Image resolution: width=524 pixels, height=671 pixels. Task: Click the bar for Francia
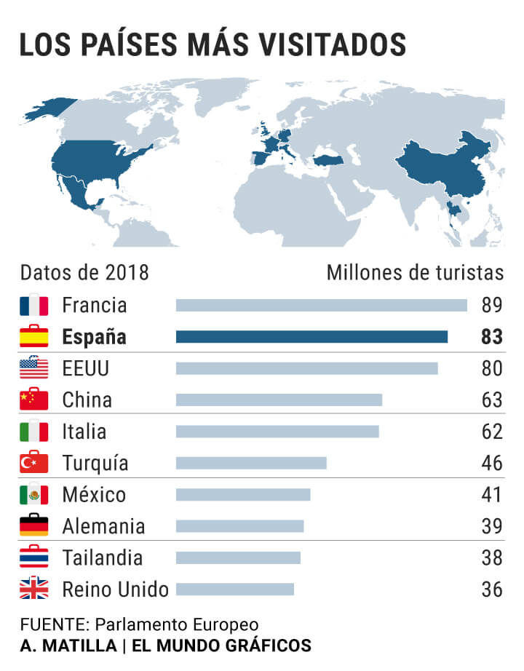321,305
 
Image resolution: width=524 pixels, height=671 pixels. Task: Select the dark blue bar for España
311,337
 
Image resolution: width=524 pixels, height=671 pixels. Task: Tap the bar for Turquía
251,463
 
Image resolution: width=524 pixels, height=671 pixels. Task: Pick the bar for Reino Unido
235,589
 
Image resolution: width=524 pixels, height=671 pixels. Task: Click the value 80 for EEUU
492,368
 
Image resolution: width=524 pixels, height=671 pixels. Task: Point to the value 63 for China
492,400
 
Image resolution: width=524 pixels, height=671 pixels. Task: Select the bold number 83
492,337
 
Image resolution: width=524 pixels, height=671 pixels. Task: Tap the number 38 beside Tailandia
492,557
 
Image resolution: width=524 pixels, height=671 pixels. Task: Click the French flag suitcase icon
33,304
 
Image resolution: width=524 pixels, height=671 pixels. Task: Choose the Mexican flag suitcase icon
33,494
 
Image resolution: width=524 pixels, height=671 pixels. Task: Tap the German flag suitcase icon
33,525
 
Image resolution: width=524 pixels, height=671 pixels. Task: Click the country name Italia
84,432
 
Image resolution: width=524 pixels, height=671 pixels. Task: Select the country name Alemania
103,526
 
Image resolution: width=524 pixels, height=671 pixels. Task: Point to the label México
94,495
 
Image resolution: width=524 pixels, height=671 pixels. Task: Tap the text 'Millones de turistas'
415,273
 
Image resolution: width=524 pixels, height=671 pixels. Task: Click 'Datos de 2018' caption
84,273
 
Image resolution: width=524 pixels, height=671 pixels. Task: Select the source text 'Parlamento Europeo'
177,625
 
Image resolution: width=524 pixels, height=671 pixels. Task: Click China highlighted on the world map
444,167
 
